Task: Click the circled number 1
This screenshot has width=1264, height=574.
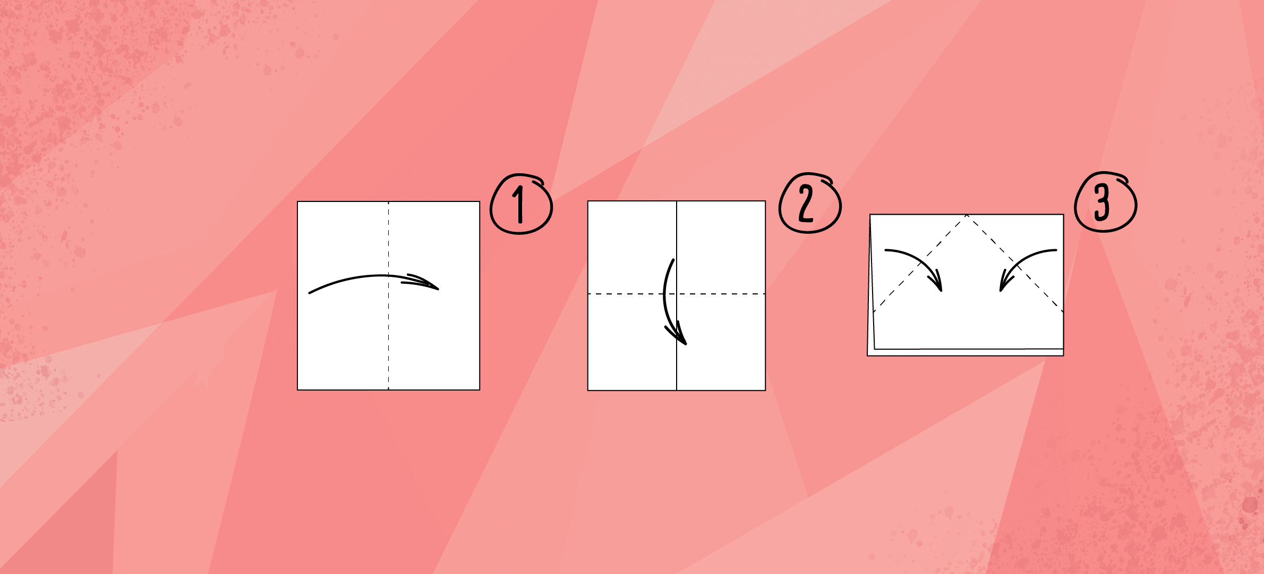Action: pyautogui.click(x=521, y=204)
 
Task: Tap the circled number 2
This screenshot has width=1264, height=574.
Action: pyautogui.click(x=810, y=202)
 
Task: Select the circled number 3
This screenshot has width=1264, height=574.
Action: pyautogui.click(x=1105, y=202)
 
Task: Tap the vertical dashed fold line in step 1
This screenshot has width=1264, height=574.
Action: pyautogui.click(x=389, y=296)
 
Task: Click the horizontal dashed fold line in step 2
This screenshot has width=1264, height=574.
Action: pyautogui.click(x=677, y=293)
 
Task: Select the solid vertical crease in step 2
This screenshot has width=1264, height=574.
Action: pyautogui.click(x=677, y=296)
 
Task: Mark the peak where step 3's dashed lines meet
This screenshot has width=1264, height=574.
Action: pyautogui.click(x=967, y=215)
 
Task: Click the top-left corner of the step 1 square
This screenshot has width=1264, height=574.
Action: pyautogui.click(x=297, y=201)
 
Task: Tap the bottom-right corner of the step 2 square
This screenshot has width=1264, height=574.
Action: pyautogui.click(x=765, y=391)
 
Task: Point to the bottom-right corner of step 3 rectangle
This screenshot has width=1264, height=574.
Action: pyautogui.click(x=1063, y=356)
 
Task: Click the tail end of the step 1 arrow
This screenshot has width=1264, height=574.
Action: pyautogui.click(x=310, y=293)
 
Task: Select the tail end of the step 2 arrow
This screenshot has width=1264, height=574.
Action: pyautogui.click(x=673, y=260)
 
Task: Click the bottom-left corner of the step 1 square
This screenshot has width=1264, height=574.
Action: pyautogui.click(x=297, y=390)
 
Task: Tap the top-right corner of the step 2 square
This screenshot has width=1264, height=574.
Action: pyautogui.click(x=765, y=201)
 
